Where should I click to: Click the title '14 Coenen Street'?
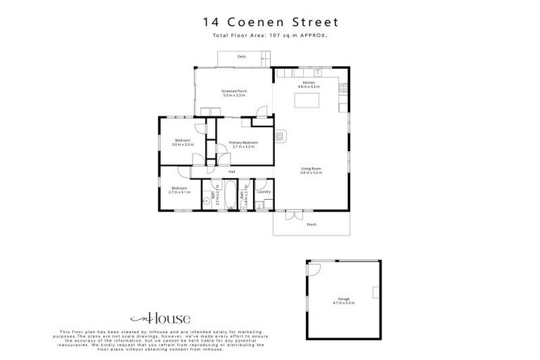(x=270, y=22)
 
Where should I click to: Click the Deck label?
(x=241, y=56)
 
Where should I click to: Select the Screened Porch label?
(x=234, y=93)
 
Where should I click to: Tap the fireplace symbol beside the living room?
(x=281, y=136)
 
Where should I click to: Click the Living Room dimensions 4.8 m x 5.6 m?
(x=311, y=172)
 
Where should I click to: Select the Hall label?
(x=231, y=172)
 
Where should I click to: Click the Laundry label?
(x=264, y=191)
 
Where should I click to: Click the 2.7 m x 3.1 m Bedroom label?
(x=180, y=189)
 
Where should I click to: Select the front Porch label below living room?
(x=311, y=224)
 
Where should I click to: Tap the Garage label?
(x=344, y=300)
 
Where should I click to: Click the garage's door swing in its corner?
(x=314, y=268)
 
